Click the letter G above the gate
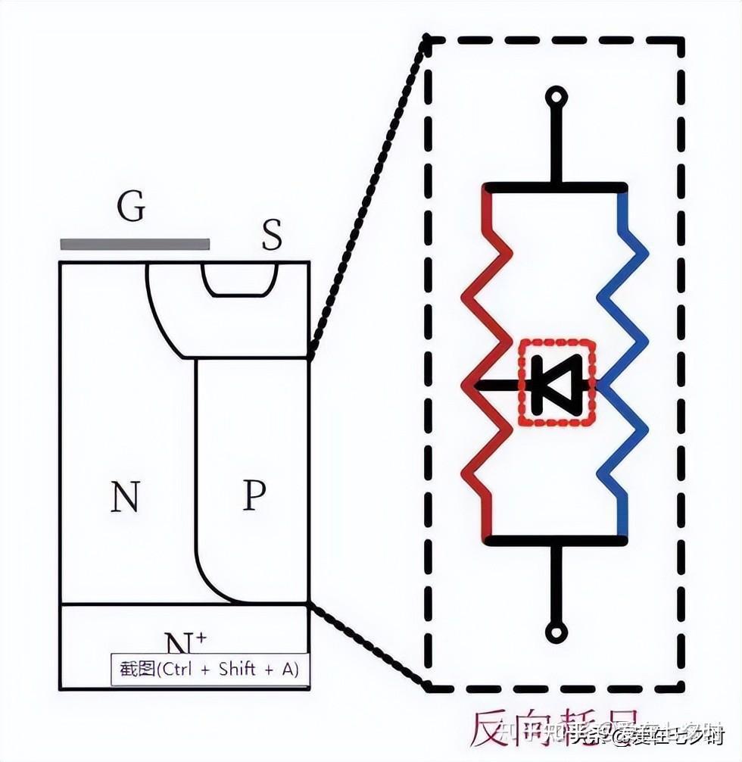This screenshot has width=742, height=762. click(x=131, y=207)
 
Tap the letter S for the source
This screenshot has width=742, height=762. click(x=272, y=236)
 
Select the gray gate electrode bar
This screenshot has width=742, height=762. click(x=135, y=244)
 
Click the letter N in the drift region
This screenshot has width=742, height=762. click(x=125, y=498)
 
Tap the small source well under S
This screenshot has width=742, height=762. click(x=241, y=280)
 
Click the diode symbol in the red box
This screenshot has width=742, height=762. click(x=556, y=384)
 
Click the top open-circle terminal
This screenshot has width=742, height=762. click(x=557, y=97)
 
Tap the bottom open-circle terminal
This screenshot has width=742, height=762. click(x=557, y=632)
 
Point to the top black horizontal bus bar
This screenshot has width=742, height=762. click(x=556, y=187)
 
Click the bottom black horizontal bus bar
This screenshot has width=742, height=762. click(x=556, y=541)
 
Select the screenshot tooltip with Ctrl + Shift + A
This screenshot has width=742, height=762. click(x=210, y=670)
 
